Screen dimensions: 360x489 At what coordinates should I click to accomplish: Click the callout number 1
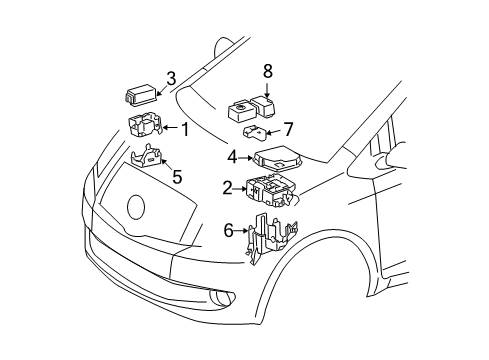coord(183,128)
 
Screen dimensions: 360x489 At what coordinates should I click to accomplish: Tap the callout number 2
coord(228,187)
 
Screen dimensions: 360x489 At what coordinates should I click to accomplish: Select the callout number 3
coord(171,77)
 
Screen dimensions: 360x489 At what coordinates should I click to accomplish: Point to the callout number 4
coord(232,156)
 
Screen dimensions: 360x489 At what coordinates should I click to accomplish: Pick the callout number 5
coord(176,178)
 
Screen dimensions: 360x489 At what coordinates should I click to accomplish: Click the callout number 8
coord(267,71)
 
